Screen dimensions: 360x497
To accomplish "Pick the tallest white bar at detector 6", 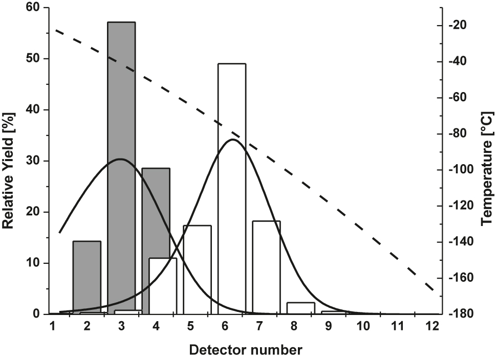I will click(232, 189).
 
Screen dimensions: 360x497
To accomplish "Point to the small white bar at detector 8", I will click(301, 308).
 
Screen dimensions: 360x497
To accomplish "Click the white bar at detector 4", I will click(163, 286).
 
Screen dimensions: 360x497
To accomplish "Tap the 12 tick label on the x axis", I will click(433, 326).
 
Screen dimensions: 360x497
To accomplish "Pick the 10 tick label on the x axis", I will click(363, 326).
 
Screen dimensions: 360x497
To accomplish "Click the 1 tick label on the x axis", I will click(52, 326).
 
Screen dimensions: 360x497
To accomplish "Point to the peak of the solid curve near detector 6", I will click(233, 139).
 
